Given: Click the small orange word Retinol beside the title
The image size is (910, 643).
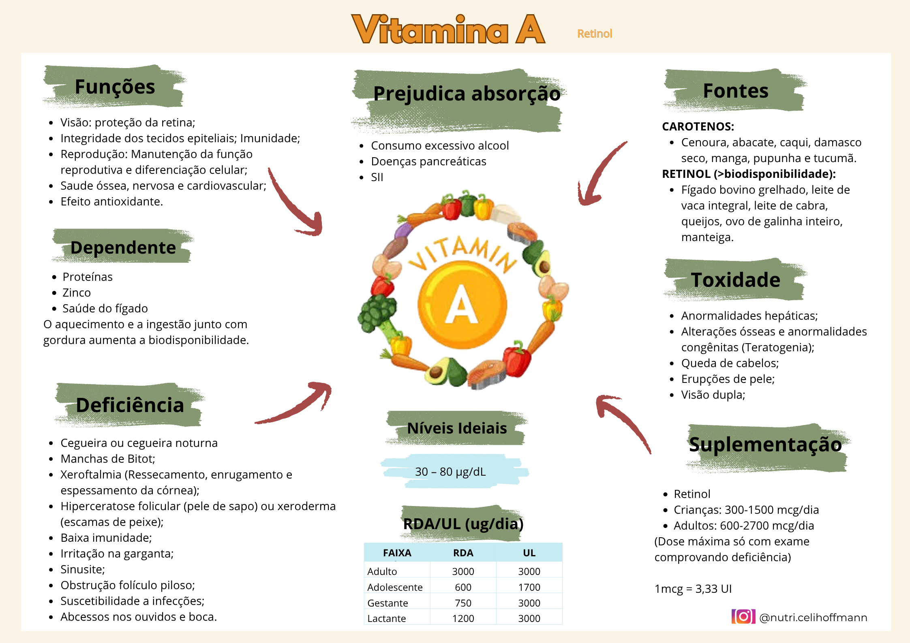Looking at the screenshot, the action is pos(595,34).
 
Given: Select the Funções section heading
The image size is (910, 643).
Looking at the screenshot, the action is pos(115,87).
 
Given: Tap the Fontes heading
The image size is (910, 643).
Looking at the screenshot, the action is pos(736,91).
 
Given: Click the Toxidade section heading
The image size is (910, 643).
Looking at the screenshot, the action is pos(735,280).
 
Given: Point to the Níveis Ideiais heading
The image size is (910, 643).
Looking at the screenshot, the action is pos(457,428).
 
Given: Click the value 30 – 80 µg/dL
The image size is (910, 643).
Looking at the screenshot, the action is pos(450,472).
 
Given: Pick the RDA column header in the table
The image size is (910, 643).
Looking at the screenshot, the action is pos(463,553).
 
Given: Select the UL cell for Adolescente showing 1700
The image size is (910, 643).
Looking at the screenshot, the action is pos(529,587).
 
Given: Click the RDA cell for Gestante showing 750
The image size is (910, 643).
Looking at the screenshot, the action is pos(463,603).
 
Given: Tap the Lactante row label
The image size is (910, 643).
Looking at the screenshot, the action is pos(386,619).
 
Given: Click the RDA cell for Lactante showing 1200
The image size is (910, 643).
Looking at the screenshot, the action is pos(463,619).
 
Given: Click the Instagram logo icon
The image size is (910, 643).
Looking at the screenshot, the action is pos(743,617).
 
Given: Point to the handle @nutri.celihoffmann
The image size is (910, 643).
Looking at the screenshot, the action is pos(813,617).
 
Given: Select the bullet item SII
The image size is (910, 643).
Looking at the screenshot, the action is pos(377,177).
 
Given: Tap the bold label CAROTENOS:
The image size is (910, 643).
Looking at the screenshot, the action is pos(698,126).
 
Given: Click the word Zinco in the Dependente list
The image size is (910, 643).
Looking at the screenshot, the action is pos(77,293).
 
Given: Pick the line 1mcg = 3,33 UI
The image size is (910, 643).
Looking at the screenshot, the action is pos(693,589).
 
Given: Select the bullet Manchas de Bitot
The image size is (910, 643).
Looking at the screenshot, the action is pos(108,459).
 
